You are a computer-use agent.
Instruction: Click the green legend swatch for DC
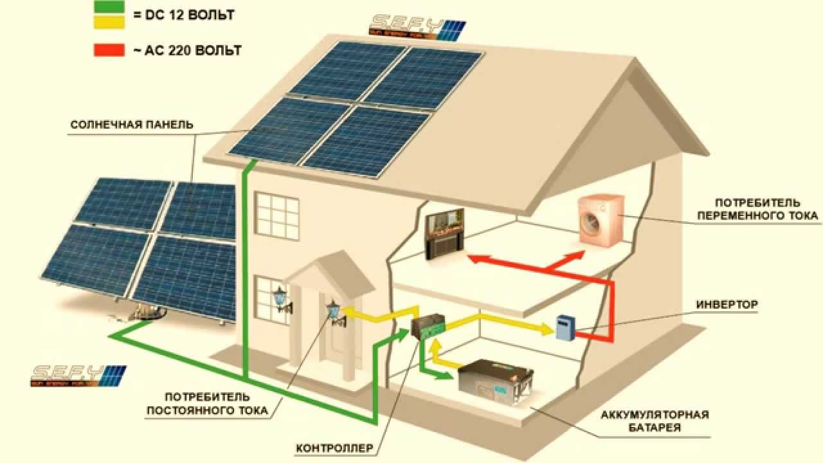109,8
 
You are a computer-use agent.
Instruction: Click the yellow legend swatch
109,23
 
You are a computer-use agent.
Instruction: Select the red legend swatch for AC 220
109,50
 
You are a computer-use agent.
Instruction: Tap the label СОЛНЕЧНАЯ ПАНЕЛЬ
131,124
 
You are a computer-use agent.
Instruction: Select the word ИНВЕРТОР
727,304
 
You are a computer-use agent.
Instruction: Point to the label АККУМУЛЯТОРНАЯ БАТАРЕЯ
655,421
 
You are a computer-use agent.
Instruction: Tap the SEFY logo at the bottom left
78,375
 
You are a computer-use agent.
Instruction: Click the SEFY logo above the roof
415,28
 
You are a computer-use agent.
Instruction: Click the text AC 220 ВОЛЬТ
187,50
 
